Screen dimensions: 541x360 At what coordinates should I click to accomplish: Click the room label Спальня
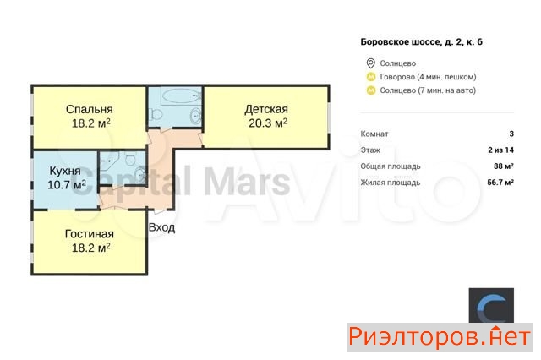tap(90, 109)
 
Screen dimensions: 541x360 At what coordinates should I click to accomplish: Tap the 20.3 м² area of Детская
tap(268, 123)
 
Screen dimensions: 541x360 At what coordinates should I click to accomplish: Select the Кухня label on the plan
tap(65, 171)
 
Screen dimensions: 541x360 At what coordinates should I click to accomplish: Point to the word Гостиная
tap(90, 234)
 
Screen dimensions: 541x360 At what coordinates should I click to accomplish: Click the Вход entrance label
tap(161, 227)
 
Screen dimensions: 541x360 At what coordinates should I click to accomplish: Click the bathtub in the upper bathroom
tap(181, 95)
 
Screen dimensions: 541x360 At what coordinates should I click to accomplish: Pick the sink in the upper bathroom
tap(195, 115)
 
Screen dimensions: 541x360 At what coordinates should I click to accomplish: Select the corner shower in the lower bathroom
tap(109, 161)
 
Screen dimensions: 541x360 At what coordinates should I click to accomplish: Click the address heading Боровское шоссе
tap(400, 42)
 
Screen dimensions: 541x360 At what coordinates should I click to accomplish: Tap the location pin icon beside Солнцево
tap(370, 63)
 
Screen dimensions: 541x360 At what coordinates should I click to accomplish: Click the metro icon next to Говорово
tap(371, 77)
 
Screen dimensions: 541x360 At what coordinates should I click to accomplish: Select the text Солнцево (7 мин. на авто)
tap(428, 90)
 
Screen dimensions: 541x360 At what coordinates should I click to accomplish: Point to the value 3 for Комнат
tap(511, 134)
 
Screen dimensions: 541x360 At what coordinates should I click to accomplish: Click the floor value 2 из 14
tap(501, 150)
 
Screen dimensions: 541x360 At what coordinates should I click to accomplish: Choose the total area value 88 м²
tap(504, 166)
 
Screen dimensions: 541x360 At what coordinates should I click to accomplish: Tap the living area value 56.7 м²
tap(500, 183)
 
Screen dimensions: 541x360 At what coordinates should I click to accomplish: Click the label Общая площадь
tap(391, 166)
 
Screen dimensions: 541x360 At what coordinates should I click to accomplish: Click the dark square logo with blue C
tap(491, 306)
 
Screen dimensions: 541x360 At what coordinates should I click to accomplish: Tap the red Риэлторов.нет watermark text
tap(440, 337)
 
